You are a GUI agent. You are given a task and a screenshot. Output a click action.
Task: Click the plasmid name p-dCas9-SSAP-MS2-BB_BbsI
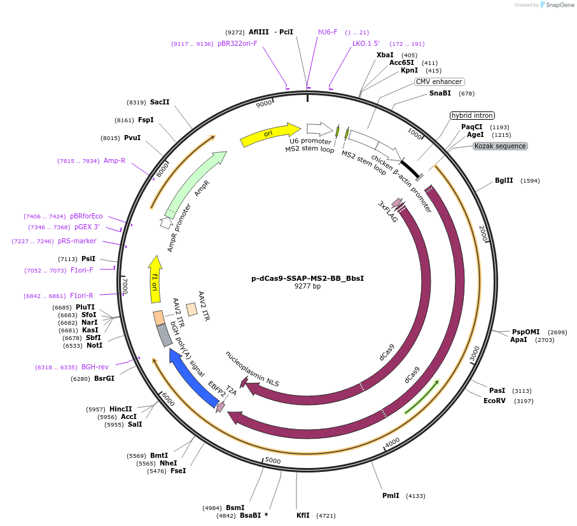tap(307, 278)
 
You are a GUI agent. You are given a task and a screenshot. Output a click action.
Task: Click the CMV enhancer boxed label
tap(439, 82)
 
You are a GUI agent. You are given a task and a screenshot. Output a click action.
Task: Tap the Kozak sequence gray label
tap(499, 146)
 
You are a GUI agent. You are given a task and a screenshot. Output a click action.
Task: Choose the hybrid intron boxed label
tap(471, 115)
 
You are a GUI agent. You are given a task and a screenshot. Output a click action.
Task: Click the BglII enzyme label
tap(504, 180)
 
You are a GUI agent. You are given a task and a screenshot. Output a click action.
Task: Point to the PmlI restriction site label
tap(391, 495)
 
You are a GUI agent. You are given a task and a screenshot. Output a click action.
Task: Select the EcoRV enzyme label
tap(494, 401)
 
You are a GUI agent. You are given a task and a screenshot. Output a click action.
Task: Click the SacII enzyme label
tap(160, 102)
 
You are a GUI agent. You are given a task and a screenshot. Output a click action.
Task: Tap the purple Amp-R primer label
tap(115, 160)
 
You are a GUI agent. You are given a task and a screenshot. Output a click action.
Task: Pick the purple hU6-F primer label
tap(328, 32)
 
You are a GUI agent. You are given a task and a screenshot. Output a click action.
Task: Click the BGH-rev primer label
tap(94, 367)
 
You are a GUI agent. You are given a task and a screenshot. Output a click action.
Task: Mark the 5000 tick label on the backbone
tap(273, 460)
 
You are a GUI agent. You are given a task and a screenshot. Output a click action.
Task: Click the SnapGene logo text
tap(557, 5)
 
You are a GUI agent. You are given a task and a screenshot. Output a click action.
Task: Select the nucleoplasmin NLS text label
tap(252, 369)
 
